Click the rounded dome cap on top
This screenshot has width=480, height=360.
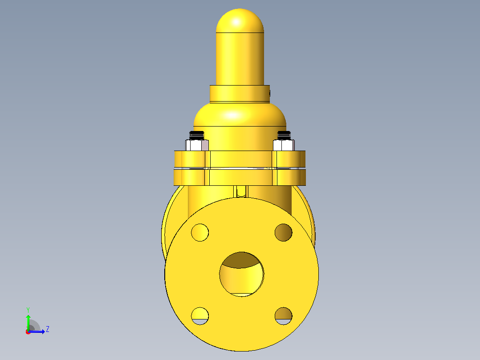click(x=240, y=20)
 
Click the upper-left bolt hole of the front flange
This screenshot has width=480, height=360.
click(x=200, y=232)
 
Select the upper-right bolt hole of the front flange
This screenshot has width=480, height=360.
click(x=284, y=232)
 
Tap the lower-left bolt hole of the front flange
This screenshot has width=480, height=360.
click(x=200, y=316)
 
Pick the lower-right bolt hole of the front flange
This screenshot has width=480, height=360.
click(x=284, y=316)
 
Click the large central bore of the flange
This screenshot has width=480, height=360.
click(x=241, y=274)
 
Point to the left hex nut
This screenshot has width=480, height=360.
click(x=197, y=145)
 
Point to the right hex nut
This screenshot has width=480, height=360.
click(x=284, y=145)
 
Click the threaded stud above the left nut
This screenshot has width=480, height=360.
click(x=196, y=135)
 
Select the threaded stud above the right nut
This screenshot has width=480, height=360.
click(x=284, y=135)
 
